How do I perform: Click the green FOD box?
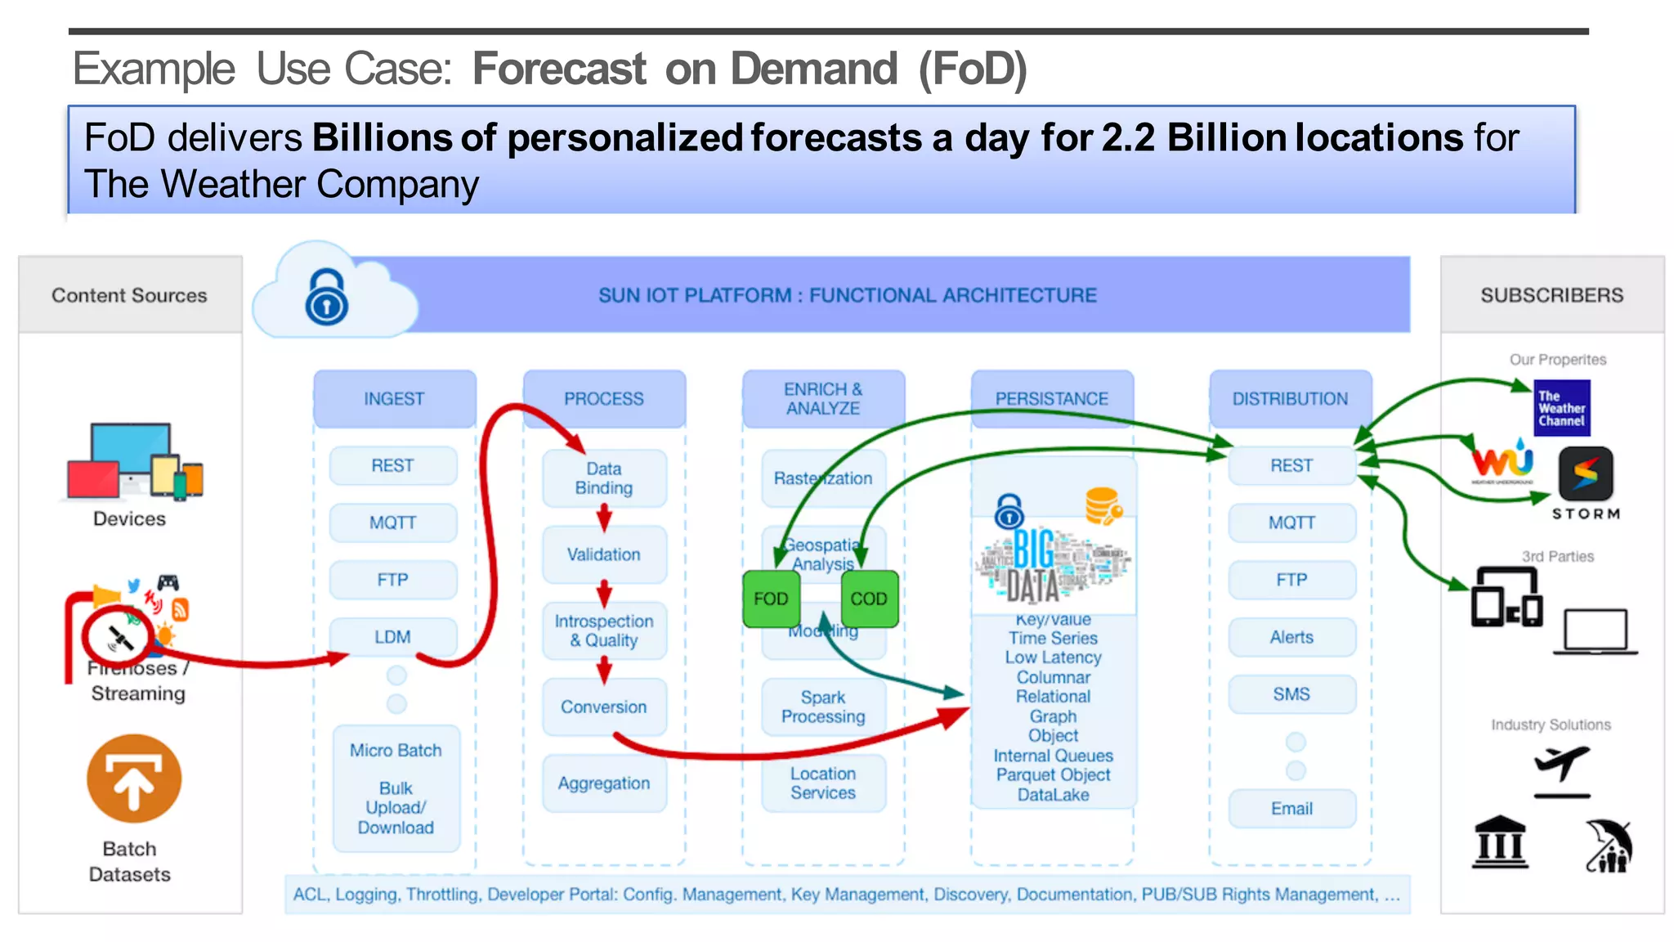coord(771,599)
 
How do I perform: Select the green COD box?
coord(869,599)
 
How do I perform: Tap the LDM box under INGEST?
coord(392,637)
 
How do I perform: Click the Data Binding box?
coord(604,478)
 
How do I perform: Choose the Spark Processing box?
coord(823,707)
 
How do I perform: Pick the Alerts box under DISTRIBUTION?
coord(1291,637)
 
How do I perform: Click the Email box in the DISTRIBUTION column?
coord(1291,809)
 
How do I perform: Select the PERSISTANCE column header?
coord(1052,399)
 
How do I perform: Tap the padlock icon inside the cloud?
coord(327,298)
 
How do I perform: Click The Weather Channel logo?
coord(1561,408)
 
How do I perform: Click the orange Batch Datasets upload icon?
coord(134,779)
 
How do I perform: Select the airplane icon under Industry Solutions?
coord(1562,769)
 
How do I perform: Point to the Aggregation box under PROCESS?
coord(604,783)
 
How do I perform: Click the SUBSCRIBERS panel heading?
coord(1551,295)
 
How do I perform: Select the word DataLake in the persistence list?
coord(1053,795)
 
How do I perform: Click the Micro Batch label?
coord(396,751)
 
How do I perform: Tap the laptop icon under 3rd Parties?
coord(1596,632)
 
